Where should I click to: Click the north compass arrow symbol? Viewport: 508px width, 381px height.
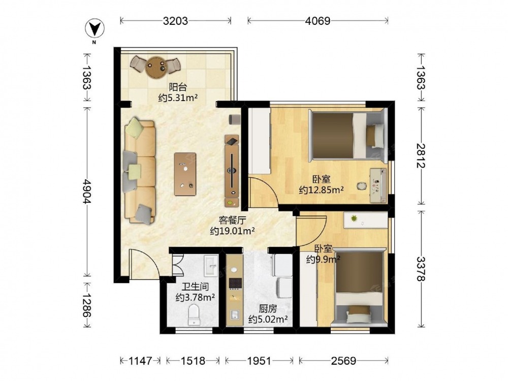point(94,29)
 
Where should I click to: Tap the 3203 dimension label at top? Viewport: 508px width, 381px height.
point(175,21)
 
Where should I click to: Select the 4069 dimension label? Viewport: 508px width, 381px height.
point(317,21)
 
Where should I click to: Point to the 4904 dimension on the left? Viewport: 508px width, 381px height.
point(86,191)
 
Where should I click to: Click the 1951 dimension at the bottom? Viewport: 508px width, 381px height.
point(259,361)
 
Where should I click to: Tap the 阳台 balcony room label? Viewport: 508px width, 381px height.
point(178,87)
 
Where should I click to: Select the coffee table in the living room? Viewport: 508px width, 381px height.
point(185,174)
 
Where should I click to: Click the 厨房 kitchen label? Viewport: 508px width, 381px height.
point(268,308)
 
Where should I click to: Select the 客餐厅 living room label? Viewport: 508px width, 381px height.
point(232,220)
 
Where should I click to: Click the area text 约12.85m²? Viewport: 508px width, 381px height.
point(322,190)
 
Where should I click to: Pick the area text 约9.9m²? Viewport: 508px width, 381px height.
point(323,259)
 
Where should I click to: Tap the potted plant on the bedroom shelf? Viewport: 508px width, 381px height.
point(355,218)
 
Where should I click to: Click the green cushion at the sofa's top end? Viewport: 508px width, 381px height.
point(134,128)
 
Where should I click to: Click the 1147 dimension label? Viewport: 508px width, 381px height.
point(140,361)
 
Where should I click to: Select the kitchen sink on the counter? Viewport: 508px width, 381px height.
point(235,314)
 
